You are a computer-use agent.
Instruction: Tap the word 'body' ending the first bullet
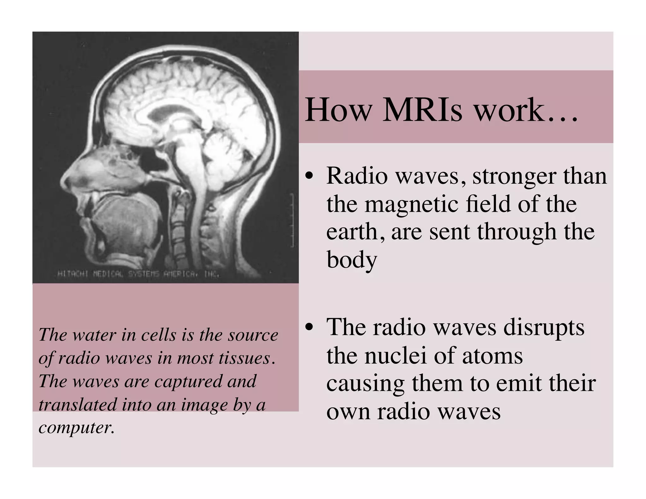tap(351, 260)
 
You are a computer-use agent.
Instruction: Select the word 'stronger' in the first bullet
tap(514, 177)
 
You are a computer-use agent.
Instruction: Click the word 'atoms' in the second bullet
tap(492, 355)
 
